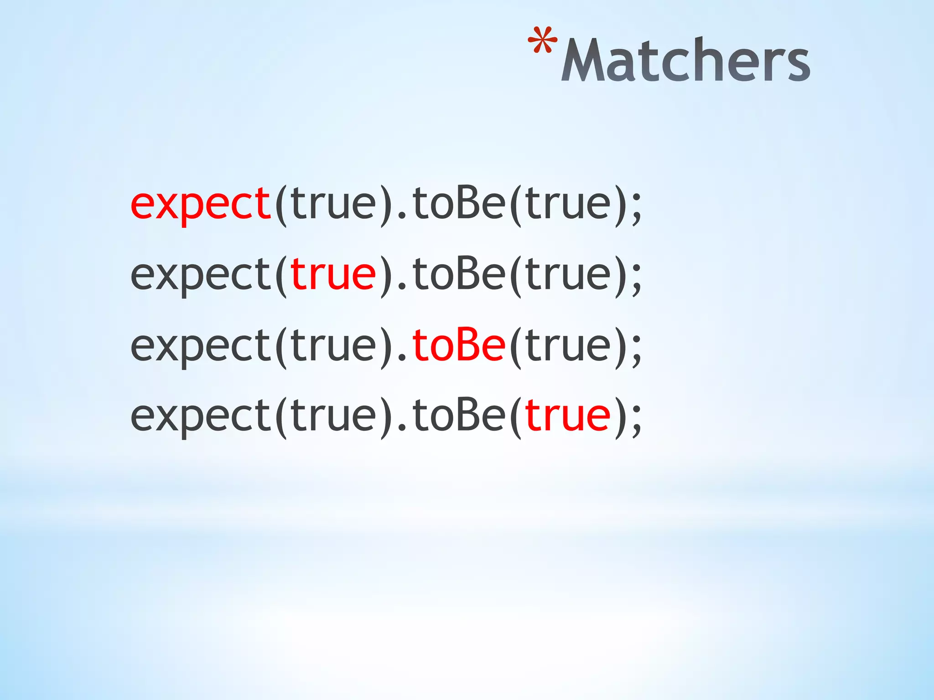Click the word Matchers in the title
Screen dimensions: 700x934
pyautogui.click(x=685, y=60)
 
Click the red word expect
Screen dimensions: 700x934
pyautogui.click(x=201, y=204)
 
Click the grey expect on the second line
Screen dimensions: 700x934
pyautogui.click(x=201, y=275)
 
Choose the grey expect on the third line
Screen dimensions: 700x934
pyautogui.click(x=201, y=346)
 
